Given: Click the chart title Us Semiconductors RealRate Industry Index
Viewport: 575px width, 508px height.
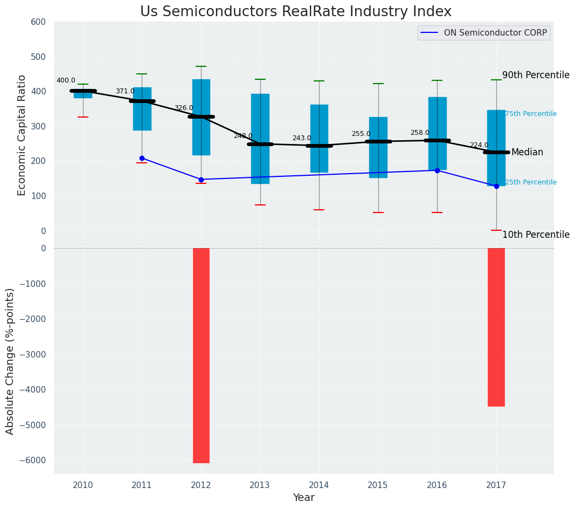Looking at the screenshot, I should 295,12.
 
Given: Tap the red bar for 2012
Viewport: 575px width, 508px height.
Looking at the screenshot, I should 201,355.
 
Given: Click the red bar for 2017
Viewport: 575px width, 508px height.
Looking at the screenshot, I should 496,327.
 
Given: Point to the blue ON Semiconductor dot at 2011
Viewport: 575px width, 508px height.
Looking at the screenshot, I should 142,158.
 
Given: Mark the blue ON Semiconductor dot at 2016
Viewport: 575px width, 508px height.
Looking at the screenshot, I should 437,170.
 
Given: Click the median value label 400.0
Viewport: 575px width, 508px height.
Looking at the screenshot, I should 66,81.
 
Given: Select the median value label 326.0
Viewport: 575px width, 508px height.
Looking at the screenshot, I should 183,108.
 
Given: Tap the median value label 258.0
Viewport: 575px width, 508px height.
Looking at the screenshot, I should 420,133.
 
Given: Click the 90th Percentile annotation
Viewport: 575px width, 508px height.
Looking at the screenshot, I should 536,75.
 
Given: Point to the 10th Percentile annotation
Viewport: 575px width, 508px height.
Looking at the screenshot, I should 536,235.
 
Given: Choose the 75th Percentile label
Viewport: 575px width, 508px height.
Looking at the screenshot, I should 531,114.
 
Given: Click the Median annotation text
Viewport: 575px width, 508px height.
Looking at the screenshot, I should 527,153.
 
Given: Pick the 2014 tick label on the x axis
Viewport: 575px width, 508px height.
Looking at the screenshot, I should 319,485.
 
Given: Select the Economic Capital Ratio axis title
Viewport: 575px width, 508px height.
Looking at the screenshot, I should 22,135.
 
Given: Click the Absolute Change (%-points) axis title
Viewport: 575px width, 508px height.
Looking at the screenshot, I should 10,361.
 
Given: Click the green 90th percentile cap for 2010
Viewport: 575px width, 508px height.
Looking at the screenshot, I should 83,85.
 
